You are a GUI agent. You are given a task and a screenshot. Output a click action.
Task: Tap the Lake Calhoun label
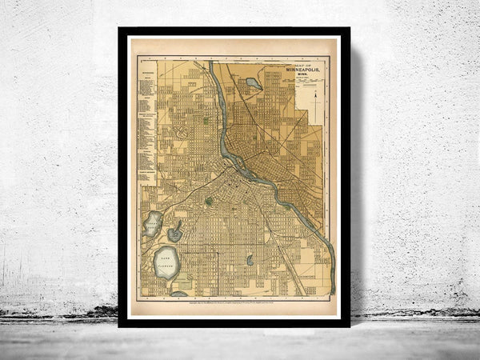[166, 261]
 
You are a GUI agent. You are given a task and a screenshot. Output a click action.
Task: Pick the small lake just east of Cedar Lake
[175, 234]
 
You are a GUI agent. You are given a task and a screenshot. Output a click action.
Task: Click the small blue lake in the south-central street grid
[250, 260]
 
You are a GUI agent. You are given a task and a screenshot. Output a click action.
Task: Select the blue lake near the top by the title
[254, 82]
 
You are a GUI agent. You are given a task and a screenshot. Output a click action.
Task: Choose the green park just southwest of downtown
[210, 201]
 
